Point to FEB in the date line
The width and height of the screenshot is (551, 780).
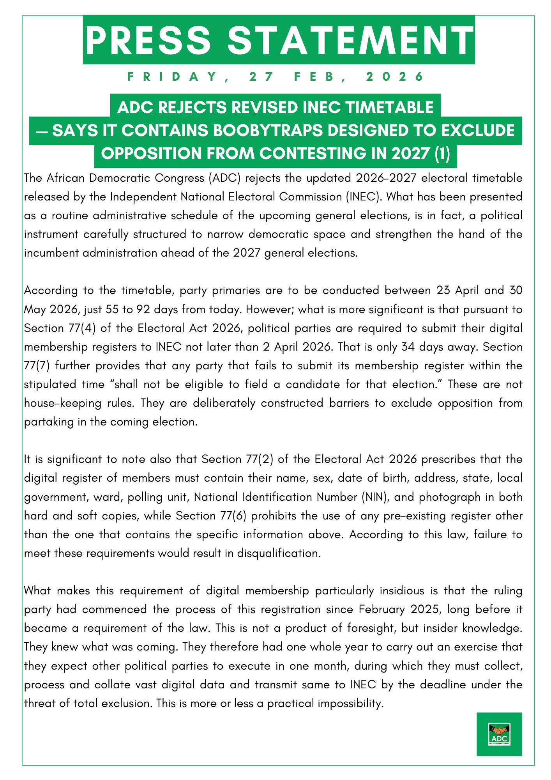pos(314,77)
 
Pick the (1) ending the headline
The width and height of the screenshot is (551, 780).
pos(442,154)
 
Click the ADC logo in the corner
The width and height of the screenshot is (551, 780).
pos(499,734)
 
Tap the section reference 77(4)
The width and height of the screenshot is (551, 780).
pos(82,328)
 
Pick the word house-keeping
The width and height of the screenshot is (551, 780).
pos(62,403)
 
